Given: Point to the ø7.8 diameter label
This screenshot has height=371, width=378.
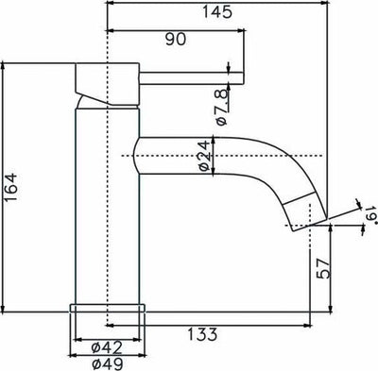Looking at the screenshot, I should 221,107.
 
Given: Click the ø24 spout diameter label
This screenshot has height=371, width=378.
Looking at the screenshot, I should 202,154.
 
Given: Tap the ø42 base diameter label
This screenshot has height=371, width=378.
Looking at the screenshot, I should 106,346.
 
